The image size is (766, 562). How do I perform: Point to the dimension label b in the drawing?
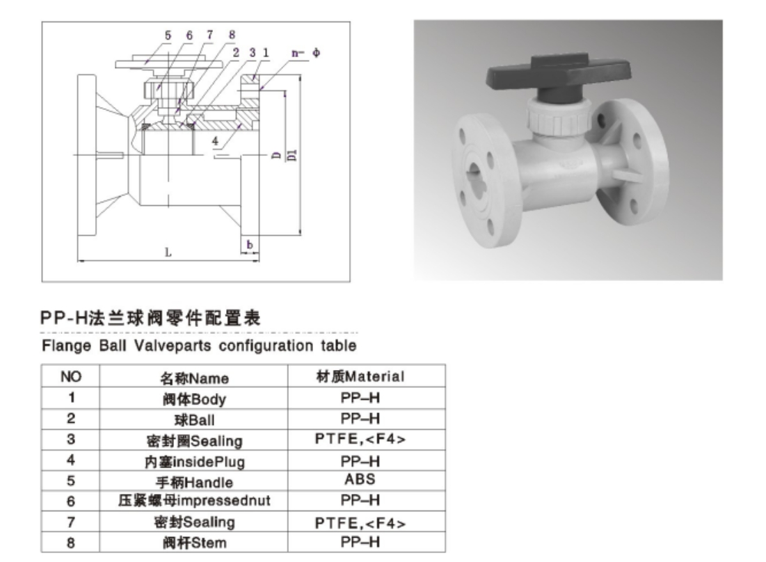249,245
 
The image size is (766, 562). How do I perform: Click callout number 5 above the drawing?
168,35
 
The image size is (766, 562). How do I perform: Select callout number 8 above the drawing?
232,35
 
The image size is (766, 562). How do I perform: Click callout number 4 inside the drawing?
216,141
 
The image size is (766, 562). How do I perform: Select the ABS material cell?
360,479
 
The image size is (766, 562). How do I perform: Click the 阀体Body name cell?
194,399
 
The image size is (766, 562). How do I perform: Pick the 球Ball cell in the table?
194,419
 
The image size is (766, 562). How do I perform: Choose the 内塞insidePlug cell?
194,460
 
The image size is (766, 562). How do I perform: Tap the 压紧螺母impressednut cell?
194,501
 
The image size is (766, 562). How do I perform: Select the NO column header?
71,377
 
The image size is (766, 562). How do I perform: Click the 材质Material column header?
360,377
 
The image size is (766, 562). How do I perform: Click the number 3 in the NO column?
71,440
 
